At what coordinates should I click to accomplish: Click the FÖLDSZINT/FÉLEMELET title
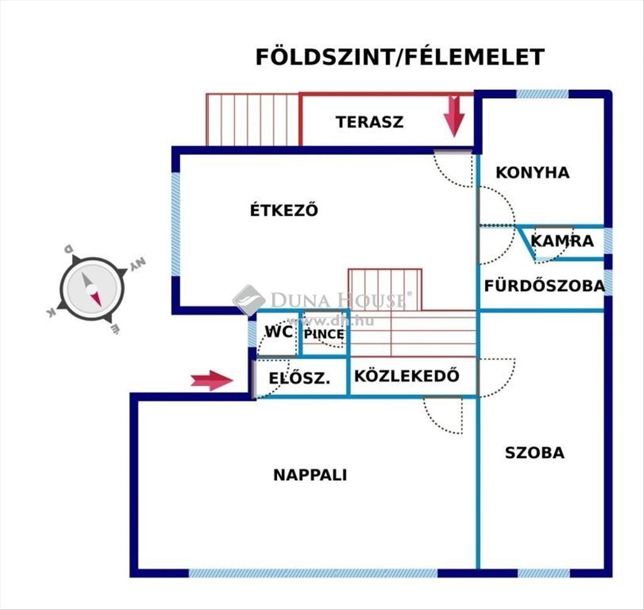[x=399, y=57]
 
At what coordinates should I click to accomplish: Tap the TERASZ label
[x=369, y=121]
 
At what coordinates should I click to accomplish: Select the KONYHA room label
[x=532, y=173]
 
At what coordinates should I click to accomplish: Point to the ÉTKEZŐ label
[x=284, y=210]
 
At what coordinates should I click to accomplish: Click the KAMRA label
[x=562, y=241]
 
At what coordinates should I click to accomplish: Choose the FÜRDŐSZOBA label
[x=544, y=285]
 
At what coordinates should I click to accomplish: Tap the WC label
[x=279, y=332]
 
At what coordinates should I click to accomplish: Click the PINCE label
[x=324, y=334]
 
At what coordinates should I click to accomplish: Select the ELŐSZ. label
[x=299, y=379]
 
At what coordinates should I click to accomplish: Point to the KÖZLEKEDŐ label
[x=406, y=376]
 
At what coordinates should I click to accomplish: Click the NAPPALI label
[x=310, y=475]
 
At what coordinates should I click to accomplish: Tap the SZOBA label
[x=534, y=453]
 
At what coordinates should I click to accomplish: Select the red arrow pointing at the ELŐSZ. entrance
[x=212, y=380]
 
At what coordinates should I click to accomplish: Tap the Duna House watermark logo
[x=249, y=300]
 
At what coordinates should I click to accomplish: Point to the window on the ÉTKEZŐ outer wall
[x=176, y=224]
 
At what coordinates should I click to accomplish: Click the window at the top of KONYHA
[x=542, y=94]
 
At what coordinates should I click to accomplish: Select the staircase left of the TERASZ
[x=252, y=120]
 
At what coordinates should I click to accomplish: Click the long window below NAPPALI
[x=312, y=573]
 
